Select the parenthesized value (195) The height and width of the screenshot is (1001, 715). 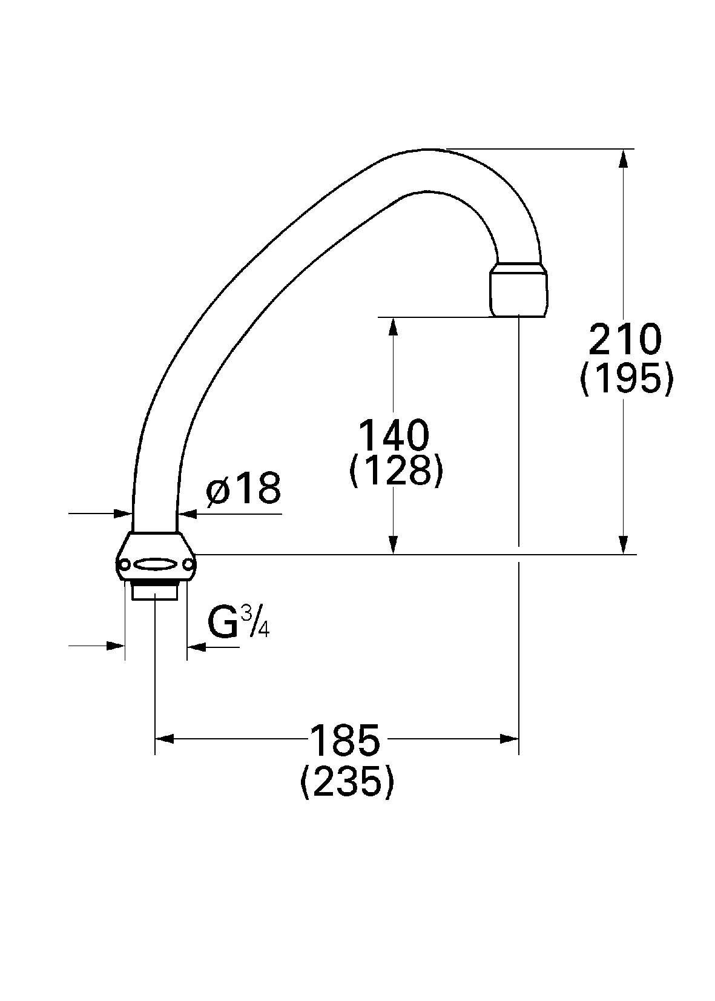pyautogui.click(x=626, y=380)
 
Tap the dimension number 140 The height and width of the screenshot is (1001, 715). pyautogui.click(x=394, y=434)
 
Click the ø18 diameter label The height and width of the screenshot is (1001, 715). pyautogui.click(x=243, y=489)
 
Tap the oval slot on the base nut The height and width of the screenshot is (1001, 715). pyautogui.click(x=156, y=564)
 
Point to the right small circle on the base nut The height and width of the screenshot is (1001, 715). pyautogui.click(x=189, y=565)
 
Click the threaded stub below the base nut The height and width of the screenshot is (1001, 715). pyautogui.click(x=155, y=590)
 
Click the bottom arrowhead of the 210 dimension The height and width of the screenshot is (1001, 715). pyautogui.click(x=624, y=545)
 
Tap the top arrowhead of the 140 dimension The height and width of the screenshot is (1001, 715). pyautogui.click(x=394, y=326)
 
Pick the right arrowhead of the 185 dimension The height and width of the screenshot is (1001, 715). pyautogui.click(x=510, y=739)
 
